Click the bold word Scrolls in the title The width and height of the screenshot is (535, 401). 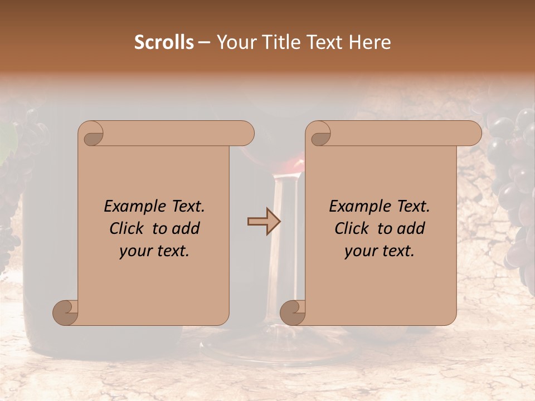(x=164, y=42)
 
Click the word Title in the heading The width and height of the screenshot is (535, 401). (x=278, y=42)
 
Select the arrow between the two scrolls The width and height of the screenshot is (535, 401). (x=264, y=221)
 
